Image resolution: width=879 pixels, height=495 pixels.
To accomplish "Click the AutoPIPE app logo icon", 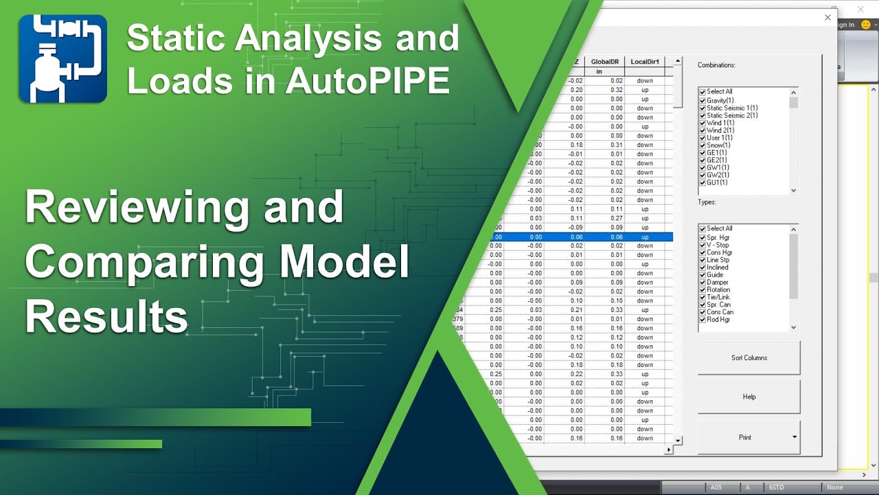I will click(x=62, y=59).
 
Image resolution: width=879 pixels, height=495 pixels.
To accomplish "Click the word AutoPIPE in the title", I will click(x=367, y=81).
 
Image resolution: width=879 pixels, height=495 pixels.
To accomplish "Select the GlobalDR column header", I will click(x=604, y=62).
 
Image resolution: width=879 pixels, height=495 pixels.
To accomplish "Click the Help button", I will click(x=749, y=397).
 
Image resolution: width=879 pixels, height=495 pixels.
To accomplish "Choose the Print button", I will click(x=744, y=437).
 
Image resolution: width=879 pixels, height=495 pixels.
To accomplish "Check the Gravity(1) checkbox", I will click(x=703, y=100).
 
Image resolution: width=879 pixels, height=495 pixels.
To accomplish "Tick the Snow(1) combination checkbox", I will click(x=703, y=145).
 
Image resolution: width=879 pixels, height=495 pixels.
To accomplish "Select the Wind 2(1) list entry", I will click(x=720, y=131).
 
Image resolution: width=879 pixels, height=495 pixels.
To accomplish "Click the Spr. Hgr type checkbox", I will click(x=703, y=237).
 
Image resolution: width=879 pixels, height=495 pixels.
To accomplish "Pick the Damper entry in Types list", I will click(x=718, y=283).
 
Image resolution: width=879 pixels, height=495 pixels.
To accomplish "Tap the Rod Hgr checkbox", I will click(x=703, y=320).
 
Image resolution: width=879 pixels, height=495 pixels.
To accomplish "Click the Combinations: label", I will click(x=716, y=65).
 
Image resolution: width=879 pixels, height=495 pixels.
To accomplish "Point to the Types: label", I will click(x=707, y=203).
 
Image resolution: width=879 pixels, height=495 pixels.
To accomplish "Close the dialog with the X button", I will click(x=827, y=18).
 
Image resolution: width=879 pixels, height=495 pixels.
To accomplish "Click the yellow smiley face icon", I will click(x=865, y=25).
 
